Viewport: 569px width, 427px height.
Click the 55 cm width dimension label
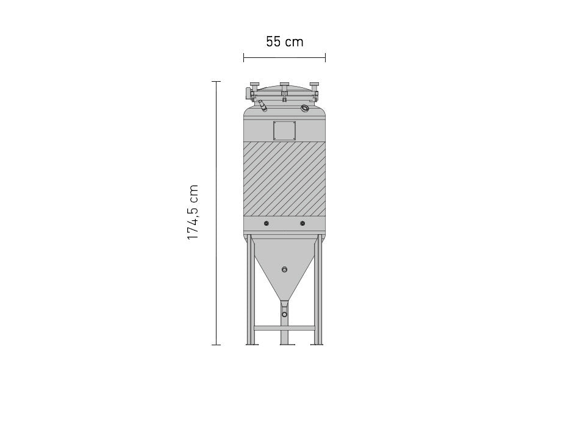(284, 42)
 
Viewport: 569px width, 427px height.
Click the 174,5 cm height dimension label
(193, 212)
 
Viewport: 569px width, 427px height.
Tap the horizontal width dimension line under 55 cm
(284, 57)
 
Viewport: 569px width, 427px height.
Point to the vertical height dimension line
(216, 213)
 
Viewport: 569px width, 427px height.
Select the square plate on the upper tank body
(284, 131)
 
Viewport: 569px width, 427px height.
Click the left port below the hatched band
(267, 224)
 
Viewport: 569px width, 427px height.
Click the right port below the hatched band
(302, 224)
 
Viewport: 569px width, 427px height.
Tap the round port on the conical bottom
(284, 269)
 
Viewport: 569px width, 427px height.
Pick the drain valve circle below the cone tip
(284, 314)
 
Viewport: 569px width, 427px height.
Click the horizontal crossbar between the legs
(284, 328)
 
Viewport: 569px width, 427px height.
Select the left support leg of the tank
(250, 293)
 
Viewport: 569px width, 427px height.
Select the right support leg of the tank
(318, 293)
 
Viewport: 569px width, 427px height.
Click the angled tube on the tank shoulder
(262, 106)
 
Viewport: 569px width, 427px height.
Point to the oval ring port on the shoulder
(304, 108)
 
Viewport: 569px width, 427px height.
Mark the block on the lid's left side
(249, 93)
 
